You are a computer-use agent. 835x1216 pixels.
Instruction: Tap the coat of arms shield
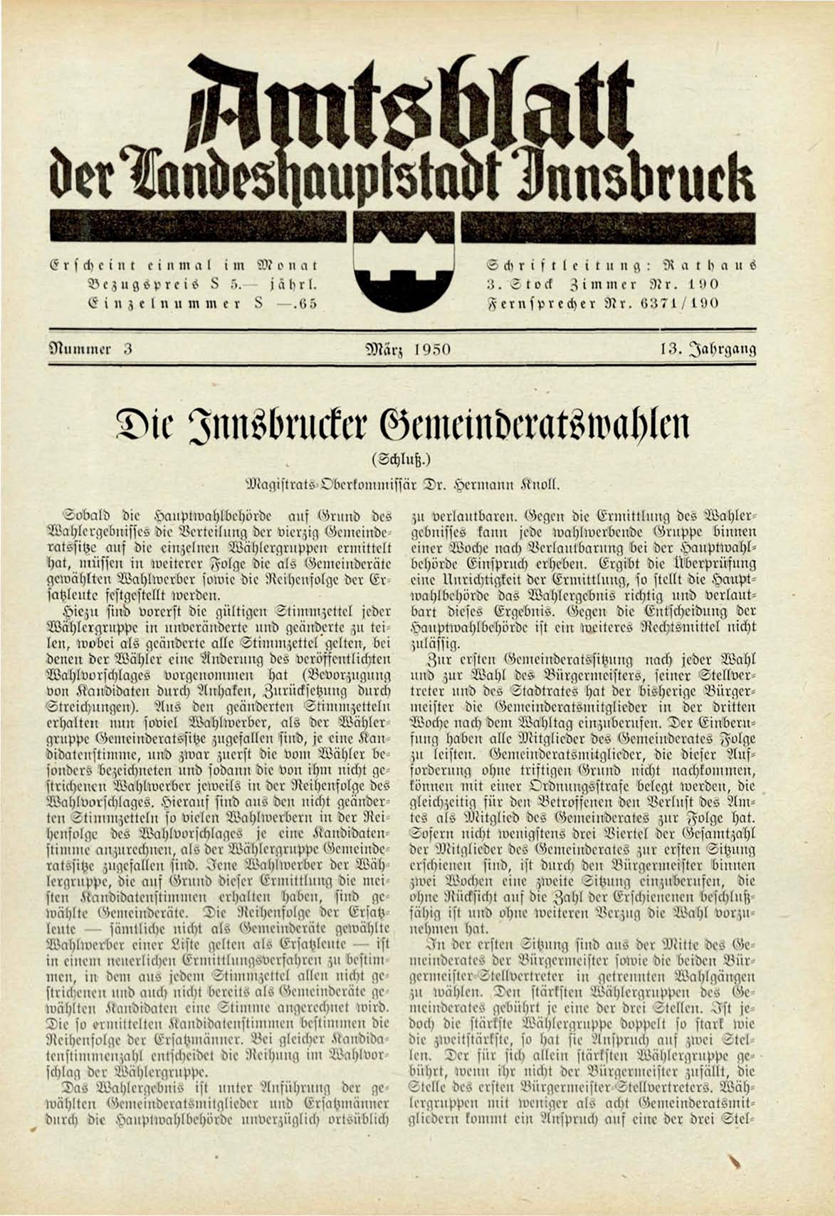point(406,274)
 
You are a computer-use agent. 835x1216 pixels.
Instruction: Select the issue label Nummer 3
point(91,350)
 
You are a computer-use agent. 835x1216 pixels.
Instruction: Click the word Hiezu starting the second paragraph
point(84,609)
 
